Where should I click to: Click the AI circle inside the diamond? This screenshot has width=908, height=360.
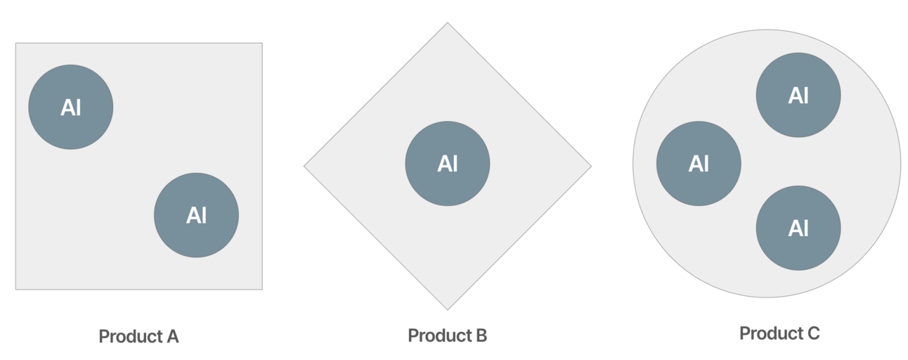(447, 164)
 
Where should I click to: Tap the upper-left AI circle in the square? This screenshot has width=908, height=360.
(70, 107)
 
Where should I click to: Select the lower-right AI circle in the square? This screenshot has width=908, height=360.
(196, 215)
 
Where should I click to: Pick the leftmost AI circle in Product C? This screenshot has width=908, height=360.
(699, 164)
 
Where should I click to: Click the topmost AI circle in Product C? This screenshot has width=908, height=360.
(798, 95)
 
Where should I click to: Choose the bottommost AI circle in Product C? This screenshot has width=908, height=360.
(798, 228)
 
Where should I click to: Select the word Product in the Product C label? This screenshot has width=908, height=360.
(770, 333)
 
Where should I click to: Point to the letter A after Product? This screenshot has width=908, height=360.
(172, 337)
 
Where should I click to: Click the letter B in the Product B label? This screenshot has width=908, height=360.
(481, 335)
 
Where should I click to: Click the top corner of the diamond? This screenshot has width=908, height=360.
(447, 23)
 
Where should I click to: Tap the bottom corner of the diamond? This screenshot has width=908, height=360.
(447, 309)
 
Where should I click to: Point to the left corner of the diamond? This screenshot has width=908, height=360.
(304, 167)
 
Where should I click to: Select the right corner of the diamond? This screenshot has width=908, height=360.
(590, 167)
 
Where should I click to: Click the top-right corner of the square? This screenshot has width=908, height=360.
(261, 44)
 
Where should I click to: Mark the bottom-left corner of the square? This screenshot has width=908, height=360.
(16, 289)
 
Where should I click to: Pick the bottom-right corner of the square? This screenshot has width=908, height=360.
(261, 289)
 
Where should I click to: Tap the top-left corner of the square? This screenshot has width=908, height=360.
(16, 44)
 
